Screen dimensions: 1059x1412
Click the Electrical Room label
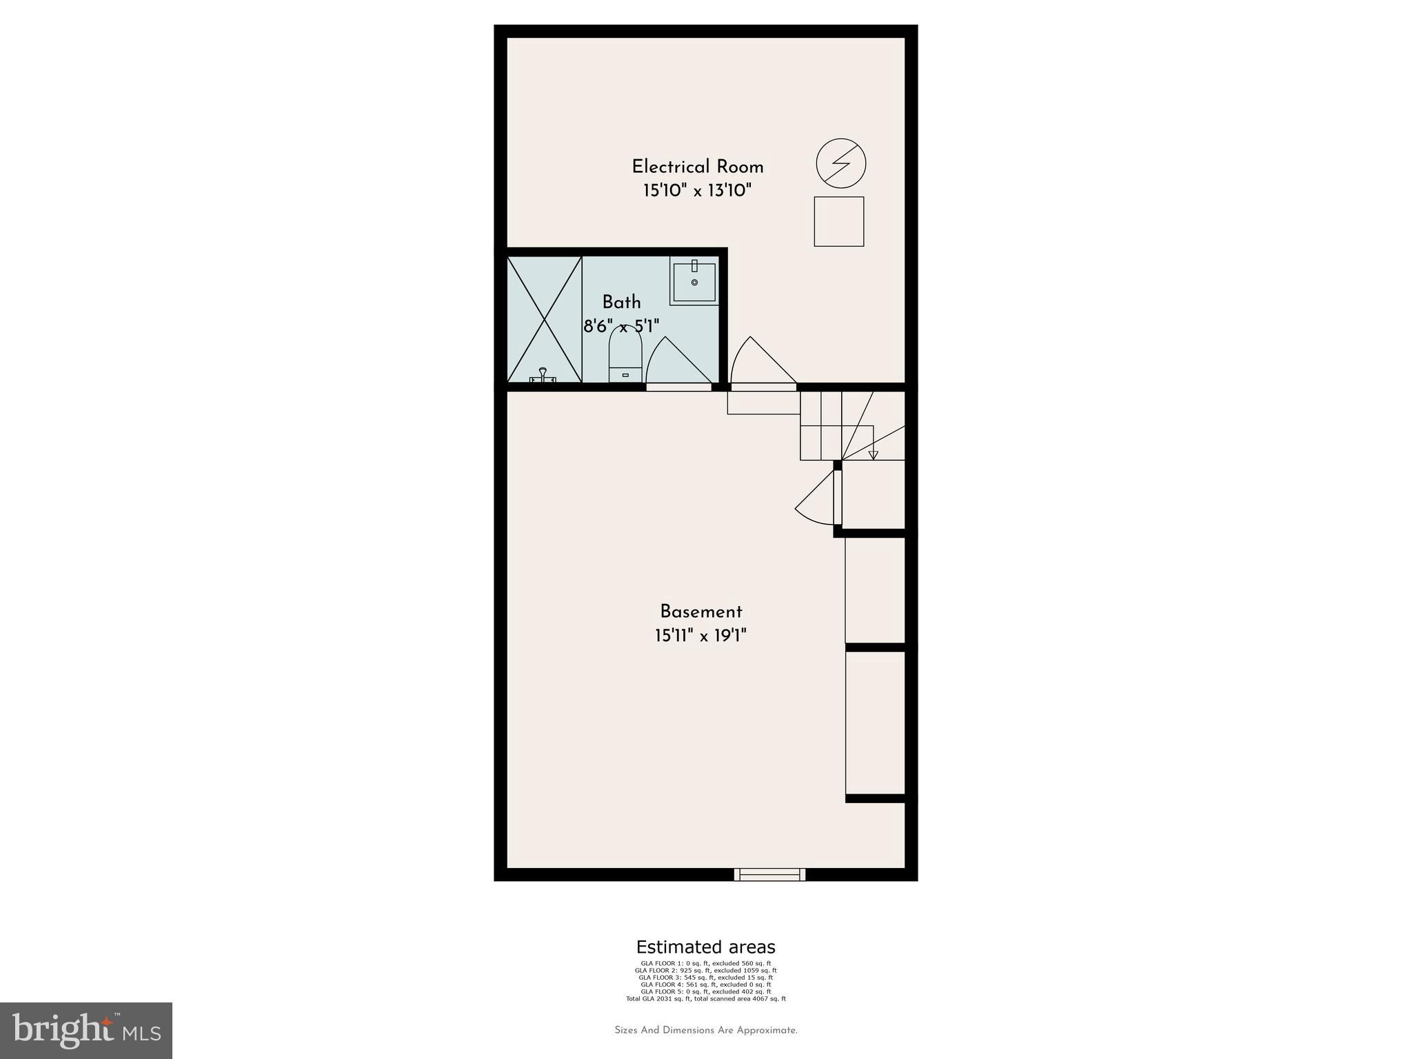[x=697, y=167]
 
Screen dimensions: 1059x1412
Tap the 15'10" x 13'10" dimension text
[x=697, y=191]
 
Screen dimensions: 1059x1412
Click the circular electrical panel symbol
[x=840, y=164]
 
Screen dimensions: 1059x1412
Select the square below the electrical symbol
[x=838, y=221]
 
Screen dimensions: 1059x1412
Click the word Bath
[x=621, y=302]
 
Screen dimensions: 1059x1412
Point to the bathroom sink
[x=694, y=281]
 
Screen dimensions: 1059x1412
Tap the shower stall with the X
[x=545, y=319]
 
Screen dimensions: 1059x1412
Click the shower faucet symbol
[x=543, y=375]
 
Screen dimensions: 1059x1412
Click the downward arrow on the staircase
[x=873, y=454]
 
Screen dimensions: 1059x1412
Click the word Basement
[x=700, y=612]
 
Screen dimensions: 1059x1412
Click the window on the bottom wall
[x=769, y=874]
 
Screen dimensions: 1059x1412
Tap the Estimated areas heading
[x=705, y=947]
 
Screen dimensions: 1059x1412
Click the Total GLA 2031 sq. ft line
[x=705, y=998]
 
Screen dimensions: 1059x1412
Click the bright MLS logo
[x=86, y=1030]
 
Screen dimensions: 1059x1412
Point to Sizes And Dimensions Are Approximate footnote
[x=705, y=1031]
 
